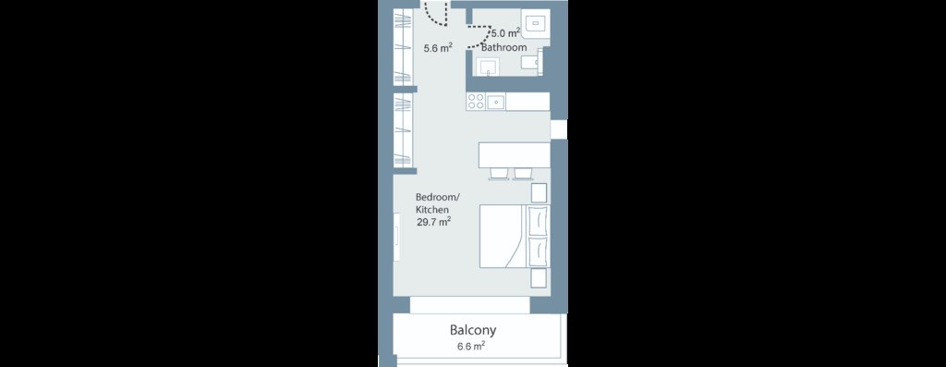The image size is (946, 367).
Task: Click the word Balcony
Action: [x=473, y=330]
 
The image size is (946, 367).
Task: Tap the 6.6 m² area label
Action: [x=472, y=347]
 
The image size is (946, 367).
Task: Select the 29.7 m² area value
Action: [x=434, y=222]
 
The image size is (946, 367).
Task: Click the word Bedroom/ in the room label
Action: [x=438, y=198]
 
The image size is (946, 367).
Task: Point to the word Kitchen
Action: [x=432, y=210]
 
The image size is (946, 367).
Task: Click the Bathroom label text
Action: [x=504, y=47]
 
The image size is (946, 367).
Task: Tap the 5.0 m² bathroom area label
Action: [x=506, y=34]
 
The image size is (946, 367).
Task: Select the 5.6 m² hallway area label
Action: [x=438, y=49]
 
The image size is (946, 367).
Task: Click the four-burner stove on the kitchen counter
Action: [x=476, y=102]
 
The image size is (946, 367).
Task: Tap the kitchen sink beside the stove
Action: [x=496, y=102]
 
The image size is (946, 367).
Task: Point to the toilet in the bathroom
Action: [x=531, y=63]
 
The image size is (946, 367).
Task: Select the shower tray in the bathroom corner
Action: [x=537, y=23]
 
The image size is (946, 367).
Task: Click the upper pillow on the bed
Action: [x=538, y=221]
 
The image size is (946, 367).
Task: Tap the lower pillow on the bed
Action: [x=538, y=251]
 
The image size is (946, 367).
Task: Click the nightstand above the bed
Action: [x=539, y=192]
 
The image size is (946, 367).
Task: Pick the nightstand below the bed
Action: [x=539, y=278]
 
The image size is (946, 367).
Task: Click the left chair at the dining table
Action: [x=499, y=173]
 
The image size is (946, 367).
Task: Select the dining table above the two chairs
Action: [x=515, y=154]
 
